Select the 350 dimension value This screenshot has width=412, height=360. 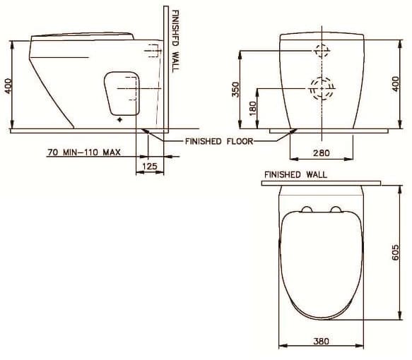tap(237, 90)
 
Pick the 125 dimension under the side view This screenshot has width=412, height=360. tap(149, 166)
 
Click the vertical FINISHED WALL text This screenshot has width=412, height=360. tap(175, 40)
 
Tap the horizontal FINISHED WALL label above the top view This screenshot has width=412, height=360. tap(295, 174)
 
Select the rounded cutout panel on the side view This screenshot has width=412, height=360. tap(121, 92)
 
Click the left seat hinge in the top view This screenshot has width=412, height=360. tap(306, 208)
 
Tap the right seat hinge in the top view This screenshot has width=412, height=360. tap(336, 208)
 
